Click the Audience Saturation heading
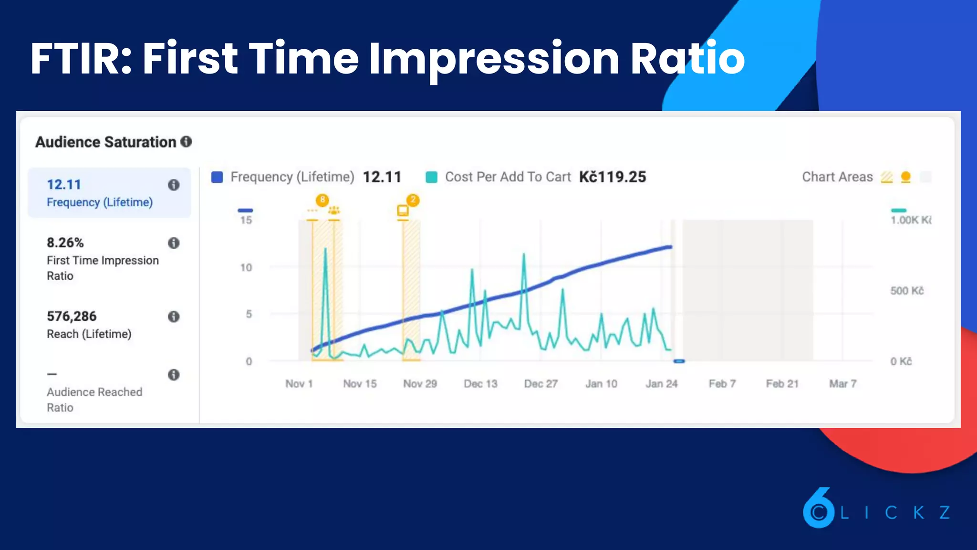pos(105,142)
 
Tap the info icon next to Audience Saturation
pos(186,141)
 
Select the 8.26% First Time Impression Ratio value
pos(65,243)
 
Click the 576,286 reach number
pos(72,316)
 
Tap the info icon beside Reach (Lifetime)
pos(174,317)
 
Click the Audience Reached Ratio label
pos(94,399)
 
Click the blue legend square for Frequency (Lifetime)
pos(217,177)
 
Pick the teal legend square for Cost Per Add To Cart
pos(431,177)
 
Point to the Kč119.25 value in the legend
pos(612,177)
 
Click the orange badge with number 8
pos(322,200)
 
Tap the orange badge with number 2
pos(413,200)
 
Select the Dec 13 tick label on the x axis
pos(480,384)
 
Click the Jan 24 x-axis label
pos(661,384)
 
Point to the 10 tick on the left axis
pos(246,267)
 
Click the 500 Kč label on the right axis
pos(906,291)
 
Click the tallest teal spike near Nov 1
pos(325,249)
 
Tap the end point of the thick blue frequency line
pos(670,247)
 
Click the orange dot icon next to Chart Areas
pos(905,177)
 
